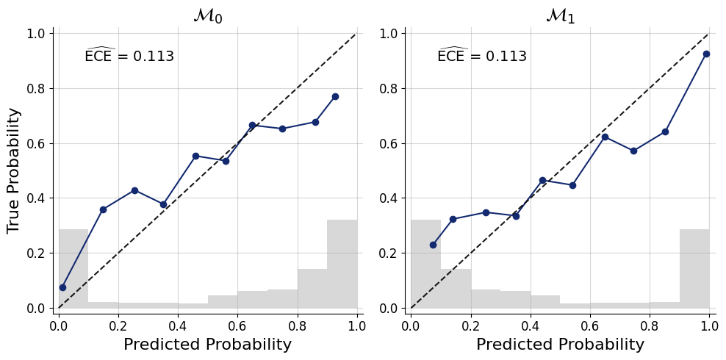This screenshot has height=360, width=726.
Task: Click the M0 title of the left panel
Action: tap(207, 15)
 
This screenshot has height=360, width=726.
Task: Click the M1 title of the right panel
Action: tap(560, 15)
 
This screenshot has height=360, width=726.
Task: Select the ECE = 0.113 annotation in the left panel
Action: tap(129, 56)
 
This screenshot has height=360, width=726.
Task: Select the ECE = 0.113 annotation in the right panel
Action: tap(482, 56)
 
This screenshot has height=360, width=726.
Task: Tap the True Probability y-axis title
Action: tap(14, 170)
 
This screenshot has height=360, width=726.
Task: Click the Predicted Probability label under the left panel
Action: tap(207, 345)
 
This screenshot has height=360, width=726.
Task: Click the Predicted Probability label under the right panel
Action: tap(560, 345)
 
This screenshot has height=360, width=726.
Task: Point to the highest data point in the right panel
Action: tap(706, 54)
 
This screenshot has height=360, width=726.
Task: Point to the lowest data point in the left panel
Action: tap(62, 287)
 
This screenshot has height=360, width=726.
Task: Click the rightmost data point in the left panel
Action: tap(335, 96)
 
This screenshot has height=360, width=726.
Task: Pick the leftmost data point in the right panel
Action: tap(433, 245)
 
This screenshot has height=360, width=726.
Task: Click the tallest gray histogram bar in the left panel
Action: tap(342, 264)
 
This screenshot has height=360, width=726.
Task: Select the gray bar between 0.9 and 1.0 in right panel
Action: tap(694, 268)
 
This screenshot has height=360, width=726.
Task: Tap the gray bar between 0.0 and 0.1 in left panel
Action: tap(73, 268)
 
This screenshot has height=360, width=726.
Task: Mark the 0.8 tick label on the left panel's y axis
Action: tap(37, 88)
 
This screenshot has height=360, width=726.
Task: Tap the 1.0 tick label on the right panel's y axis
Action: tap(389, 34)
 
